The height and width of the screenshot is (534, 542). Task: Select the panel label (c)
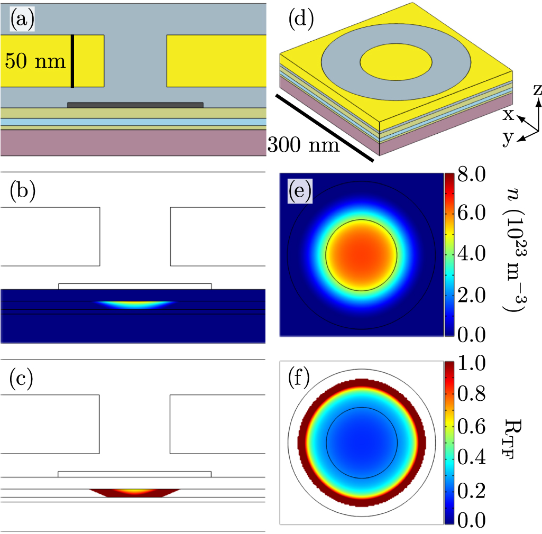pos(22,380)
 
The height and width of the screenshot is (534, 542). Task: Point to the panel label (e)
pos(299,191)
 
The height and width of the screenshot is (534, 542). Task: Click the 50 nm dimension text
pos(35,61)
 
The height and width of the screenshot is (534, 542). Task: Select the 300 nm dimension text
pos(303,143)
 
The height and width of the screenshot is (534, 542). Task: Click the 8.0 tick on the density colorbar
pos(468,177)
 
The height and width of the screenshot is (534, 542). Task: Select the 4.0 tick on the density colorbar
pos(468,254)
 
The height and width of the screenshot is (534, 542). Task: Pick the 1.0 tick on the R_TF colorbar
pos(468,366)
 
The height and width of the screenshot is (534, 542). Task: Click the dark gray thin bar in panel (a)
pos(135,105)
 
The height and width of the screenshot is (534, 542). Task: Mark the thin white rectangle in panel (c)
pos(134,474)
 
